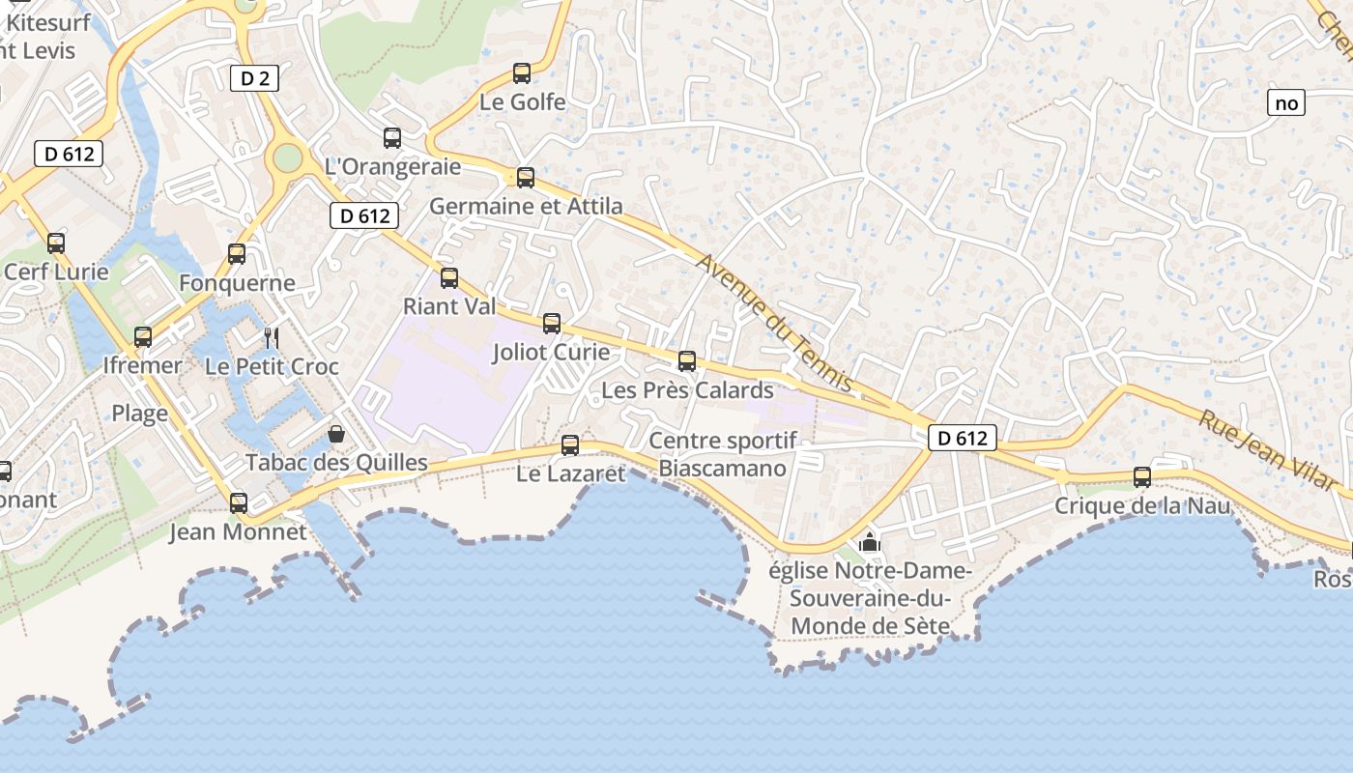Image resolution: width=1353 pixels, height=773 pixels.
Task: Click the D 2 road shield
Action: pos(254,78)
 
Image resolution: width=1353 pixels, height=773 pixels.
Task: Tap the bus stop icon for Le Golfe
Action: pos(522,72)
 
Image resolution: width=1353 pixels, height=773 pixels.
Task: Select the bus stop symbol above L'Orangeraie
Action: pos(391,137)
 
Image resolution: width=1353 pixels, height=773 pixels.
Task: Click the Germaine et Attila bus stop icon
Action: pos(526,177)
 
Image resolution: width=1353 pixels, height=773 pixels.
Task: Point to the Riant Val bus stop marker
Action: pos(449,277)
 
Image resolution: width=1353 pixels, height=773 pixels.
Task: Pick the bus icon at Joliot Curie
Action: pos(552,323)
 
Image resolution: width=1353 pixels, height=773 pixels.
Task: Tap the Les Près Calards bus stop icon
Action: pos(687,360)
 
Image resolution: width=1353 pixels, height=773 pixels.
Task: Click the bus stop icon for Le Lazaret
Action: pos(570,444)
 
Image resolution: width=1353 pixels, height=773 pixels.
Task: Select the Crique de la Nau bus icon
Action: pos(1142,476)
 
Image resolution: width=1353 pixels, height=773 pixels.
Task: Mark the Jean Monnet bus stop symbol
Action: pos(238,502)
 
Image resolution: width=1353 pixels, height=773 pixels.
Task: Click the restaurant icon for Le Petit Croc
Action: pos(272,337)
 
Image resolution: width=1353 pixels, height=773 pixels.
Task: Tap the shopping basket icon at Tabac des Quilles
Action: pos(336,434)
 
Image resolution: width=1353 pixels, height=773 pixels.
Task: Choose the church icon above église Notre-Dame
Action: pos(870,542)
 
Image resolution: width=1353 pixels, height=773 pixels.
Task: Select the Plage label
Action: pos(139,414)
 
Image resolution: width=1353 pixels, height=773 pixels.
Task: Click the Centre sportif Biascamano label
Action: pos(723,454)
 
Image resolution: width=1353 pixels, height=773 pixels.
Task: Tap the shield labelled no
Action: pos(1286,102)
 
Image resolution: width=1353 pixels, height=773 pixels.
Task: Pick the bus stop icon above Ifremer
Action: pos(143,336)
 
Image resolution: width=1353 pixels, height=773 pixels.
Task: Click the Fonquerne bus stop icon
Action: pos(237,253)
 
